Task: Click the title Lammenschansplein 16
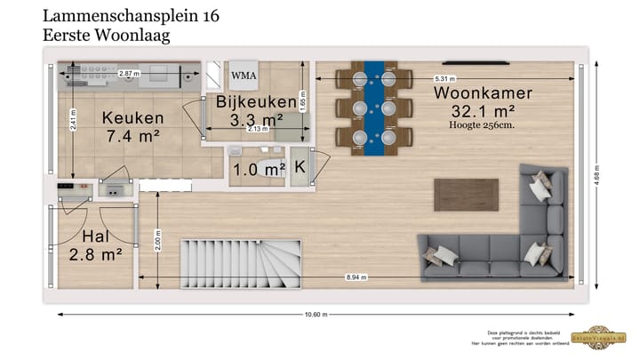coord(132,16)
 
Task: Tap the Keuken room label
coord(132,118)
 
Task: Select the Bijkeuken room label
coord(250,102)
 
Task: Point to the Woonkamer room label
coord(483,92)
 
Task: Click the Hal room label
coord(95,236)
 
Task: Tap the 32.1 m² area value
coord(485,110)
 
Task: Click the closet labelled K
coord(300,167)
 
